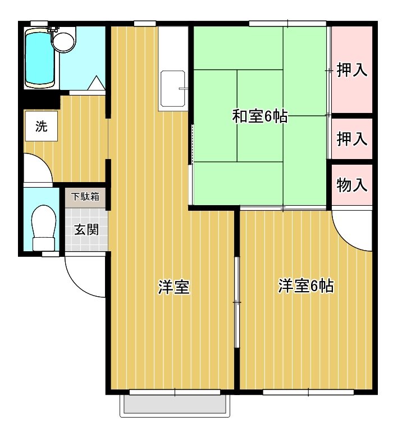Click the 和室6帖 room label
[260, 117]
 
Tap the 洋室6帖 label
[306, 287]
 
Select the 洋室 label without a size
[173, 287]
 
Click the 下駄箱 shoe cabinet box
[85, 197]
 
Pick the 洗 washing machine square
[42, 126]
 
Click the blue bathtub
[39, 57]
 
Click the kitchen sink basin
[172, 89]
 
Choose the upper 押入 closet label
[352, 70]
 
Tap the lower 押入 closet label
[352, 138]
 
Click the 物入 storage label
[352, 185]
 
